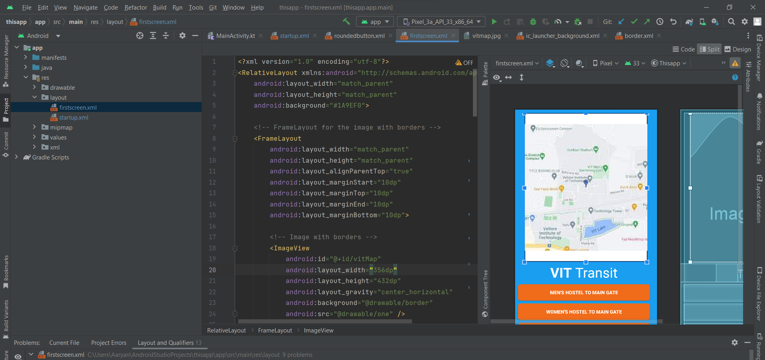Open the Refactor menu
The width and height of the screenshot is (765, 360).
(x=135, y=8)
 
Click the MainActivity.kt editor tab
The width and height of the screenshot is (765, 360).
(x=235, y=36)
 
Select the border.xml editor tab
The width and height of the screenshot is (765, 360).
(x=638, y=36)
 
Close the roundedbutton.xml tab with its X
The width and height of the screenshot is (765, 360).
(x=390, y=36)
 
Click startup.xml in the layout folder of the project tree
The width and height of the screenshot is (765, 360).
(x=74, y=118)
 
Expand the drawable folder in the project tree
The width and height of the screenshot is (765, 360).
(x=34, y=88)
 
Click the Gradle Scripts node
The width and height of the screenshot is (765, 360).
(x=50, y=157)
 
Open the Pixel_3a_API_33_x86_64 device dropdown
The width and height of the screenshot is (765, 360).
(x=442, y=22)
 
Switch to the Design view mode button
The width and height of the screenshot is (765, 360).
(x=738, y=49)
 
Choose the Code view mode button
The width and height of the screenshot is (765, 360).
(x=684, y=49)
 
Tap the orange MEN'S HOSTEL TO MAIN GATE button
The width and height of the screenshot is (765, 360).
(x=584, y=293)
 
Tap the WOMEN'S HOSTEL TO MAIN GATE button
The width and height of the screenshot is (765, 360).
(x=584, y=312)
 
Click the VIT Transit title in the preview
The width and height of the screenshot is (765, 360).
(x=584, y=273)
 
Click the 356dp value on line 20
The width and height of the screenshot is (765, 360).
(x=383, y=270)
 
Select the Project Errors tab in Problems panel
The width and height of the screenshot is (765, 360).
(x=108, y=343)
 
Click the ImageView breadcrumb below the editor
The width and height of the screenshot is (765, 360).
(x=318, y=330)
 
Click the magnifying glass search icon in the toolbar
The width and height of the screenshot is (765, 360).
(x=731, y=22)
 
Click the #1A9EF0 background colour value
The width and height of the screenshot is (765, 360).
(x=347, y=106)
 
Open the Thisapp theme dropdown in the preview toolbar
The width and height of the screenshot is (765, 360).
(x=669, y=63)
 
